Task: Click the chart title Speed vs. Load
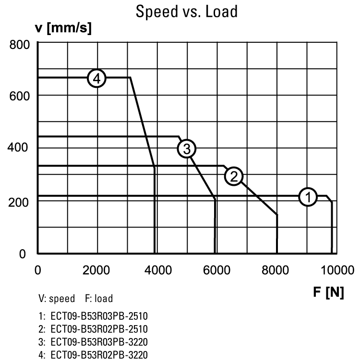pos(186,11)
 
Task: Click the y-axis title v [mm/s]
pos(63,28)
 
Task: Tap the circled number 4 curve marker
pos(97,78)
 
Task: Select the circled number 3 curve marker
pos(186,149)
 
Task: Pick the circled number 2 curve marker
pos(234,176)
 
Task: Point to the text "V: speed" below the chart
pos(57,299)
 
